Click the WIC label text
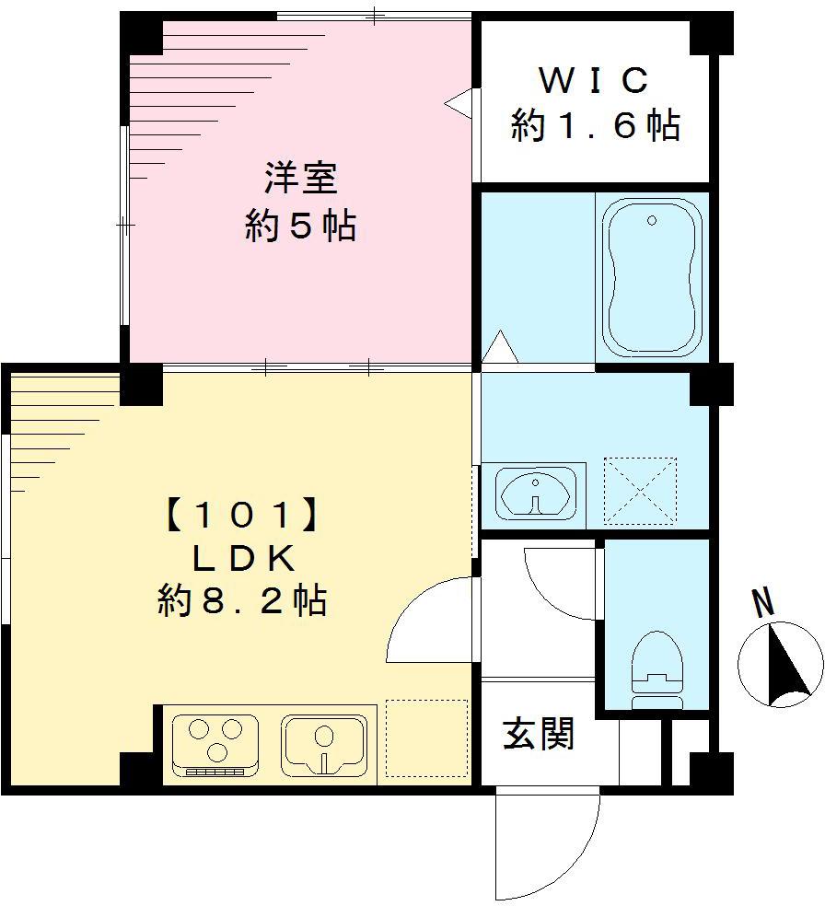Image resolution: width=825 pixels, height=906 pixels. (x=594, y=81)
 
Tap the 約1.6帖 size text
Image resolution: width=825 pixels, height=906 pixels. (x=595, y=125)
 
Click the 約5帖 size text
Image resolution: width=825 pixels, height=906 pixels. (x=300, y=225)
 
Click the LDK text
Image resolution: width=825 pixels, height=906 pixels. (x=241, y=558)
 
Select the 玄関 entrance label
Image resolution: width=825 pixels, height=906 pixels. (x=539, y=733)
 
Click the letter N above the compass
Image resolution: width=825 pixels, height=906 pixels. (x=762, y=603)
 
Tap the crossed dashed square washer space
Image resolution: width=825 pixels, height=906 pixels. (x=640, y=491)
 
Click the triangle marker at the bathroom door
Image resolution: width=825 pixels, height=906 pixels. (x=501, y=348)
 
